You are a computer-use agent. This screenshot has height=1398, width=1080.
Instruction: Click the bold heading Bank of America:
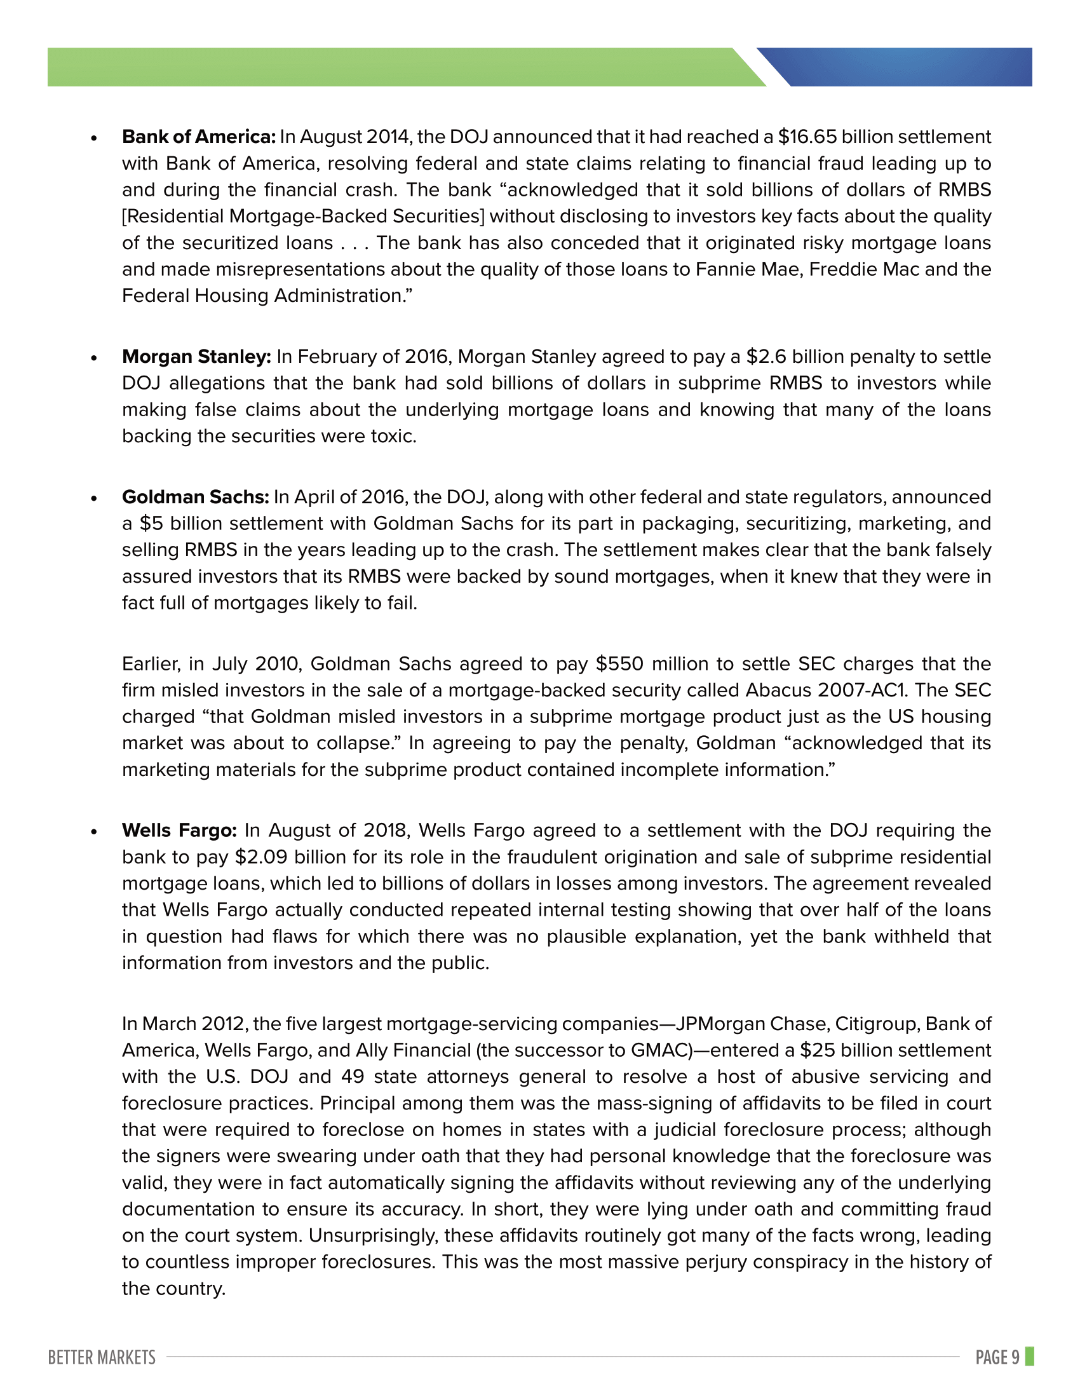pos(198,137)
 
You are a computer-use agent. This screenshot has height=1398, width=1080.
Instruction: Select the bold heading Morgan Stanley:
pos(196,356)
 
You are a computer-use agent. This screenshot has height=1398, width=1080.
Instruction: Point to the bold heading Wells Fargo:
pos(179,831)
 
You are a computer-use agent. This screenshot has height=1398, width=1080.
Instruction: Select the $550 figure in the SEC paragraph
pos(619,664)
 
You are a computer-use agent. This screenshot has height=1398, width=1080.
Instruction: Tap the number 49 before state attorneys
pos(353,1077)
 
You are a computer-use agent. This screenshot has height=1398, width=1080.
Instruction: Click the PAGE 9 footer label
pos(997,1357)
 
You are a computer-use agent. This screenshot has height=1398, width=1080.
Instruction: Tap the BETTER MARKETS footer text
pos(102,1357)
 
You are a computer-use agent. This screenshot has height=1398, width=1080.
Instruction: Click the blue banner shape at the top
pos(908,67)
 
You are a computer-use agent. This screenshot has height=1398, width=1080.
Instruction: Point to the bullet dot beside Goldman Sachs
pos(94,498)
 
